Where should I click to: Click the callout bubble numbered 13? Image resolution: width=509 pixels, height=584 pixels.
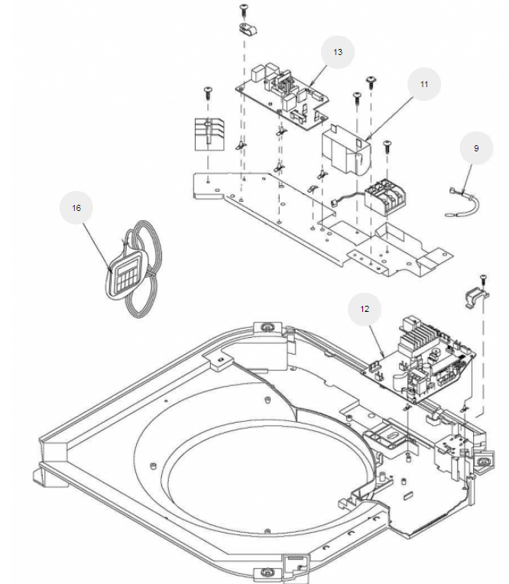[x=337, y=53]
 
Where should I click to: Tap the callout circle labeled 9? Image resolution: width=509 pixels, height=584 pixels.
[x=476, y=148]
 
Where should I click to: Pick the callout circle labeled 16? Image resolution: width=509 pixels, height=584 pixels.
[x=76, y=208]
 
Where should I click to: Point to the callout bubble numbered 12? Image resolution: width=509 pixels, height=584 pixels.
[x=365, y=310]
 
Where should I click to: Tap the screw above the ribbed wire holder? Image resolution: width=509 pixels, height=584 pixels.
[x=207, y=92]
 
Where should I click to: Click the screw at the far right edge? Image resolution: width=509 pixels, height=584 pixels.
[x=483, y=278]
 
